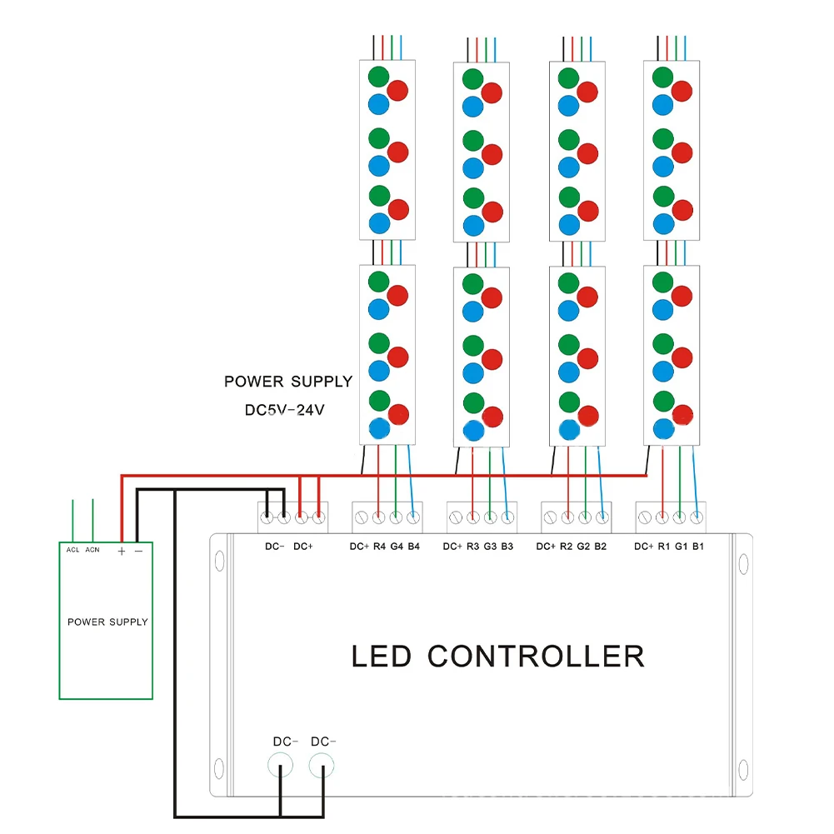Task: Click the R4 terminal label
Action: click(380, 547)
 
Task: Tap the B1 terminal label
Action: click(698, 547)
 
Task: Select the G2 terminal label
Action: click(584, 547)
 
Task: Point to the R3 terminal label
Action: click(472, 547)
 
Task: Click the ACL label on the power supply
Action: click(73, 549)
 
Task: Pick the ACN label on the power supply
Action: click(92, 549)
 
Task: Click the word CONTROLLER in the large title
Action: click(536, 656)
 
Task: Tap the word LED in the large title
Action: click(382, 656)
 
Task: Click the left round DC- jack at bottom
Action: click(281, 765)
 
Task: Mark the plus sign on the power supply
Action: click(122, 551)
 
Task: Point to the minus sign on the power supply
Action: click(138, 551)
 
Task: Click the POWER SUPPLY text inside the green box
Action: click(107, 622)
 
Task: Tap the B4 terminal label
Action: click(414, 547)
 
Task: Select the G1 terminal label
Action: click(681, 547)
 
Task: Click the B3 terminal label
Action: click(507, 547)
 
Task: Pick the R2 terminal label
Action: click(566, 547)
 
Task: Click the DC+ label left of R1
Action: click(643, 547)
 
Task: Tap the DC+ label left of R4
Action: click(359, 547)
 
